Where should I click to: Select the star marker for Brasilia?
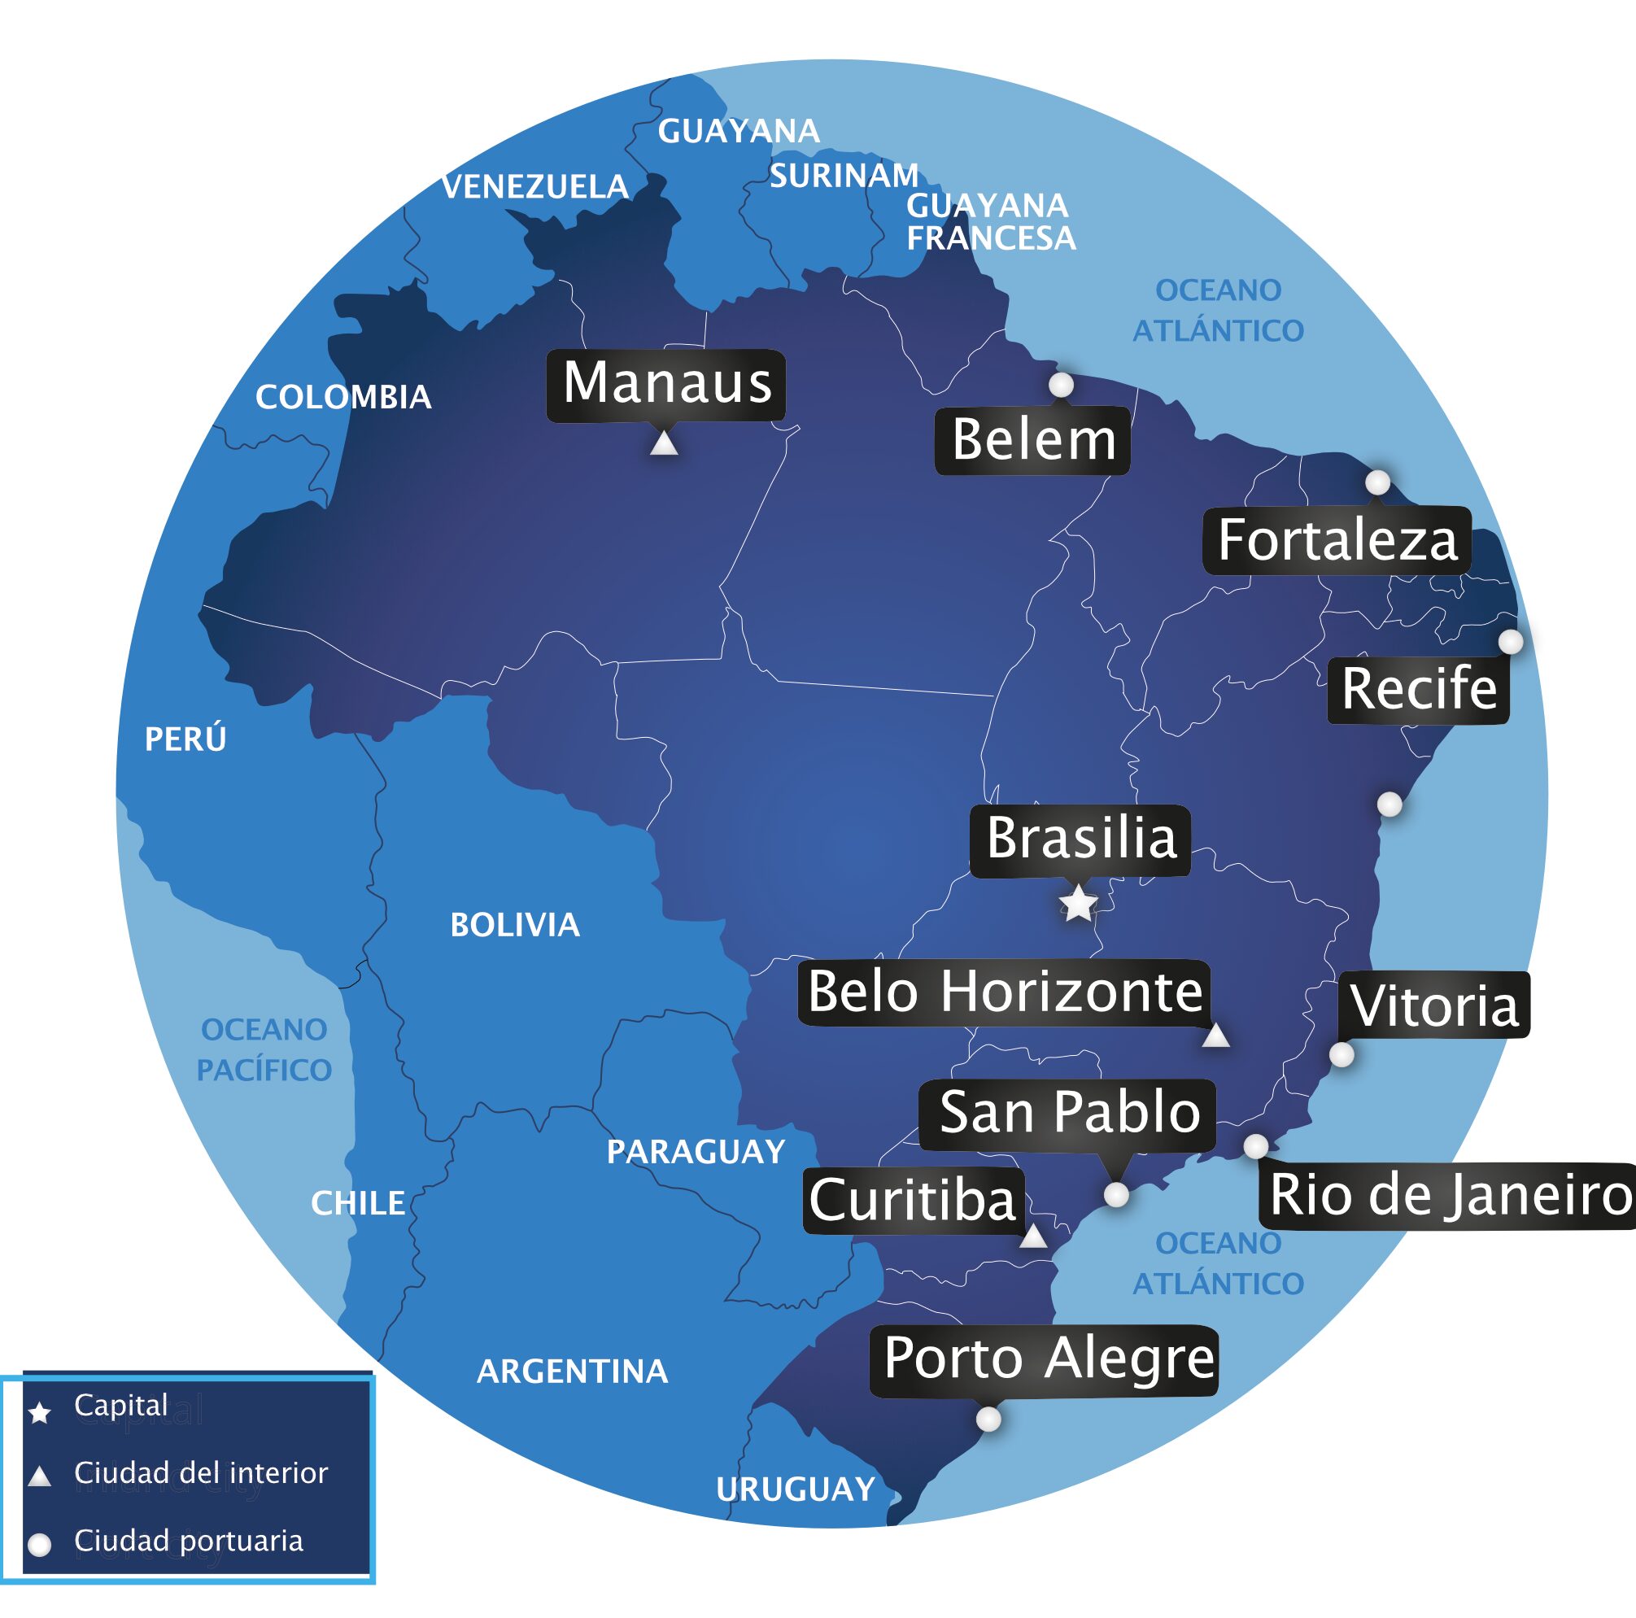click(1078, 904)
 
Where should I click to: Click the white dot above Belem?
click(1061, 386)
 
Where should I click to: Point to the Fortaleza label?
click(1337, 540)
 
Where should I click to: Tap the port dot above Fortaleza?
click(1378, 482)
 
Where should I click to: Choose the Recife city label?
click(1418, 688)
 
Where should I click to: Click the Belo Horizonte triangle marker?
click(1216, 1035)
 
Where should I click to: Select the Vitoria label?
click(1433, 1005)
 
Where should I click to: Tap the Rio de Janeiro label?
click(1450, 1195)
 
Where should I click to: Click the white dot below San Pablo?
click(1117, 1195)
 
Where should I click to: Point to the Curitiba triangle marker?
click(1033, 1237)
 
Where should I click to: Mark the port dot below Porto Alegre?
click(988, 1419)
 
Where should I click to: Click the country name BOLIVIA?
click(515, 925)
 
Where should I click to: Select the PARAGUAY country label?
click(696, 1152)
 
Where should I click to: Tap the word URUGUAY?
click(795, 1489)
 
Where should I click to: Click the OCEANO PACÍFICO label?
click(264, 1050)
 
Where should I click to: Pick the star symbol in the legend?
click(40, 1412)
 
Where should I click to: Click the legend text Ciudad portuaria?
click(188, 1540)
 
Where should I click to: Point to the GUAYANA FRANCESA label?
click(990, 222)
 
